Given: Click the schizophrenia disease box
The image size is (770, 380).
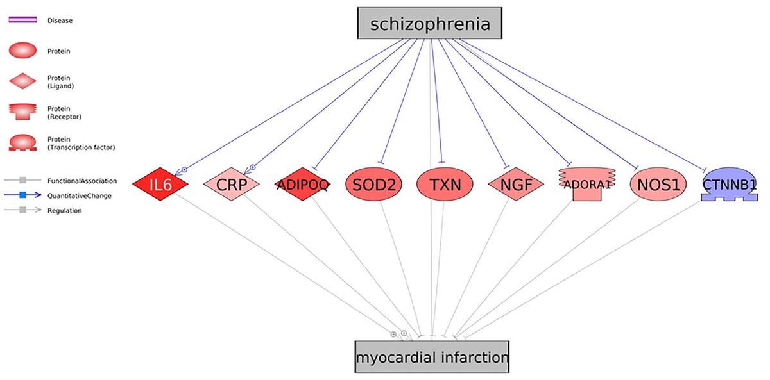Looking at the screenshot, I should click(429, 24).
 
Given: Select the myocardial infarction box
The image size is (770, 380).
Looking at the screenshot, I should click(432, 357).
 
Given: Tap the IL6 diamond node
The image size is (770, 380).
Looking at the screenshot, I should click(160, 185).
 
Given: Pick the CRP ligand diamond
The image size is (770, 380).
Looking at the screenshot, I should click(232, 185).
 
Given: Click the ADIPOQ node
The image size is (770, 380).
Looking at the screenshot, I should click(302, 185).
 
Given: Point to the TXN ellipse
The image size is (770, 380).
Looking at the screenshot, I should click(444, 185).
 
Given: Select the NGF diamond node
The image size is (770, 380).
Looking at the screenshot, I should click(516, 185).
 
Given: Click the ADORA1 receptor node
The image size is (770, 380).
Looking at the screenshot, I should click(586, 185).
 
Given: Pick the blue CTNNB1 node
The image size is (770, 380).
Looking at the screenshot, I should click(730, 185).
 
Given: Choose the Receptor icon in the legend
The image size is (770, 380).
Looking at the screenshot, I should click(24, 112).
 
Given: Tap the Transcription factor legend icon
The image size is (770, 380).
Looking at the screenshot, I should click(24, 143).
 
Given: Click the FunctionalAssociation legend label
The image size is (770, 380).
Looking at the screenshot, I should click(82, 181).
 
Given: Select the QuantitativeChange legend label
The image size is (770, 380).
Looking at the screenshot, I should click(80, 195).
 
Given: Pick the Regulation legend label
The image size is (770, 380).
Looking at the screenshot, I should click(65, 210).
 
